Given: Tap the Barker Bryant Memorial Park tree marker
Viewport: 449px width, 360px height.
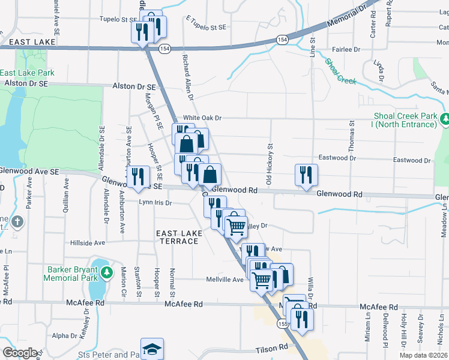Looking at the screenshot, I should (107, 274).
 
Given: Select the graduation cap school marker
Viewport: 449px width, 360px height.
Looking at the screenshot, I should (152, 349).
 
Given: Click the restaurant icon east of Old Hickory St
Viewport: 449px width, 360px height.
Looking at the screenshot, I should (306, 175).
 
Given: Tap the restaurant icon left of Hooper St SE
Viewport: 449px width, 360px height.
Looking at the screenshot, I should (138, 177).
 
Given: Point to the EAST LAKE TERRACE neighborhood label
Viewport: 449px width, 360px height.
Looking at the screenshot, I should (177, 236).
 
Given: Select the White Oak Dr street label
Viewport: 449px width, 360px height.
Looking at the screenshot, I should (202, 118).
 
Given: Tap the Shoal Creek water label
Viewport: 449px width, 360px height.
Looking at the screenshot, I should (340, 70).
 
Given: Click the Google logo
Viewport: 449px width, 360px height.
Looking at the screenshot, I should (20, 353).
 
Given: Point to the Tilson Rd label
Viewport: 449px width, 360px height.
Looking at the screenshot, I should (268, 348).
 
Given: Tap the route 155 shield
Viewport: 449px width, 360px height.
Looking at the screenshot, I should (282, 323).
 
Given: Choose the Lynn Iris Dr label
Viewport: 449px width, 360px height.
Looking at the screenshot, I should (155, 203).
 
